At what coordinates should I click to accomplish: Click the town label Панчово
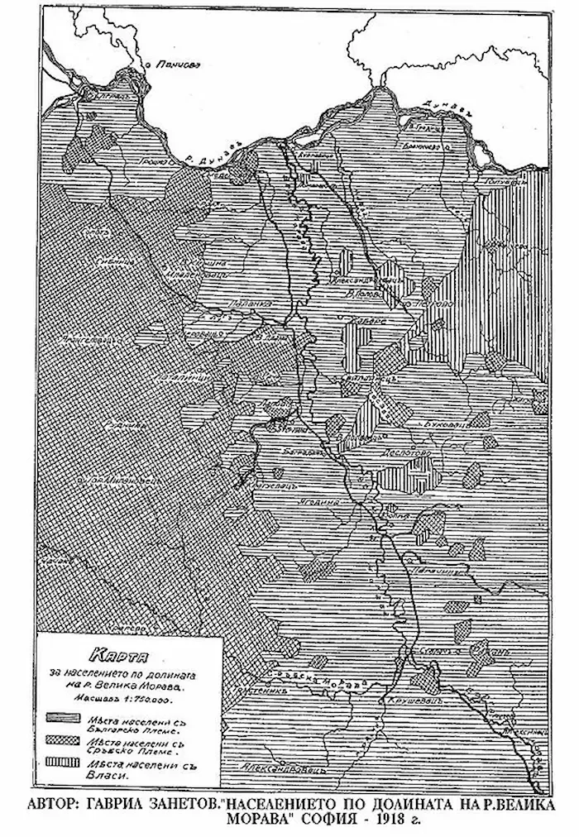point(175,64)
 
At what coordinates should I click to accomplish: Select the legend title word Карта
point(120,651)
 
